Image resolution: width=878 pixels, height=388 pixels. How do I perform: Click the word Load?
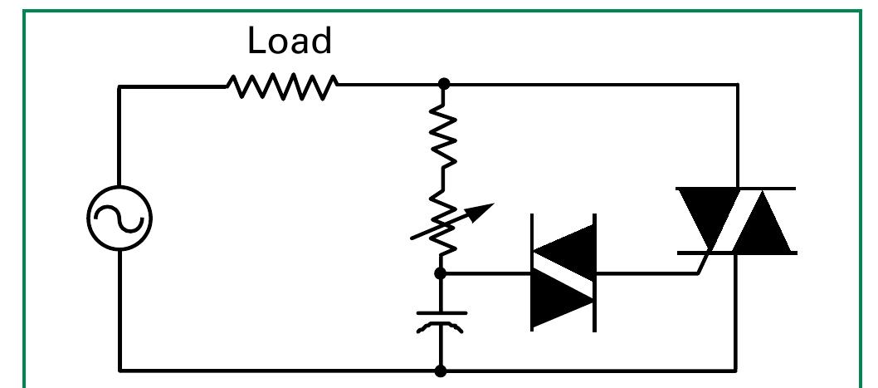[x=290, y=42]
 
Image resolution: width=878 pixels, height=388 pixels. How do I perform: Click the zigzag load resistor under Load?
[x=282, y=85]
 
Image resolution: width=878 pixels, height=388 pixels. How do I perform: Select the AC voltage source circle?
[x=120, y=219]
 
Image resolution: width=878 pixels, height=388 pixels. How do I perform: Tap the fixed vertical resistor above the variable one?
[x=443, y=138]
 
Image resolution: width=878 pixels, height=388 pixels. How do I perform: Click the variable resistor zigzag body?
[x=443, y=223]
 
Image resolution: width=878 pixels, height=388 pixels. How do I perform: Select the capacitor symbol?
[x=441, y=321]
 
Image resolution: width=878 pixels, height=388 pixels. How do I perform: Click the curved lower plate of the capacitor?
[x=441, y=328]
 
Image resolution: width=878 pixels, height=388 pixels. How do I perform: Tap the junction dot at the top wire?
[x=444, y=84]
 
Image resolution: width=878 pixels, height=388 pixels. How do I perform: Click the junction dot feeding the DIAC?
[x=441, y=273]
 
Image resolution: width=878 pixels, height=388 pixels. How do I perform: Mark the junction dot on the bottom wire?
[x=441, y=371]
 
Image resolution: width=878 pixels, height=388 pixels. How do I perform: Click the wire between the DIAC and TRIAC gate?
[x=647, y=273]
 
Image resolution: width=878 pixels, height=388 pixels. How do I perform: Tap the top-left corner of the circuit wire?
[x=120, y=85]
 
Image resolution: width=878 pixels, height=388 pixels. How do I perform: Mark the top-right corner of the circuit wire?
[x=737, y=85]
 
